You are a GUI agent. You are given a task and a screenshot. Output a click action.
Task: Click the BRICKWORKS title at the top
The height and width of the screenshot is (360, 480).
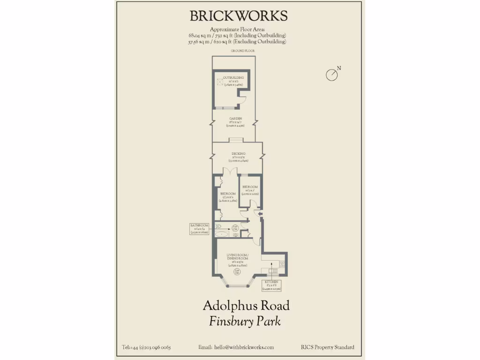click(239, 16)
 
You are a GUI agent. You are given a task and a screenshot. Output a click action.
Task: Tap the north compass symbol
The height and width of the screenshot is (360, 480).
click(332, 75)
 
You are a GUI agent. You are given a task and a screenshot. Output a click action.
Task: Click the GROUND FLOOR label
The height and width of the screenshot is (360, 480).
click(242, 51)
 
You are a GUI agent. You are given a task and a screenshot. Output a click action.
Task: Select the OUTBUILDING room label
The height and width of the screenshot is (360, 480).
click(233, 77)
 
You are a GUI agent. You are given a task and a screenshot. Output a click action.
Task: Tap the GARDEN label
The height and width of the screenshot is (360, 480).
click(235, 119)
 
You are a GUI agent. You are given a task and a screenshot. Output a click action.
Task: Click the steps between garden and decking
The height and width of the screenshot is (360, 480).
click(236, 139)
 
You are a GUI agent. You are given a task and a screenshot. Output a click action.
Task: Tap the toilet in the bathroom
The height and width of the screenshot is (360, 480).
click(219, 226)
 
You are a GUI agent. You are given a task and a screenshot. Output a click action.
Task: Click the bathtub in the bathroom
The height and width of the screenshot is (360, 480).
click(221, 233)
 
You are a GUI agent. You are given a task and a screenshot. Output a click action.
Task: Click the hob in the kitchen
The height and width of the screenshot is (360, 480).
click(282, 263)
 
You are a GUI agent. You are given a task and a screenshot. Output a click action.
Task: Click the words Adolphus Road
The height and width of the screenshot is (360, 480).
click(246, 306)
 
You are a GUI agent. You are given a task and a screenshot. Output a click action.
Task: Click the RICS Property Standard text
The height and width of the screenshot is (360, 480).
click(328, 347)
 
